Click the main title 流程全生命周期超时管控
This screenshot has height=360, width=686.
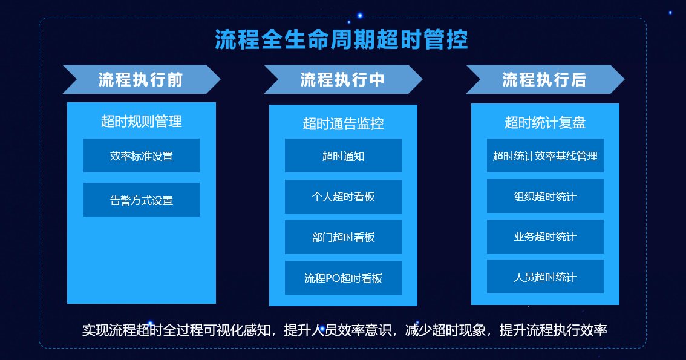(341, 40)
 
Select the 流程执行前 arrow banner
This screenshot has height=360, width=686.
(142, 79)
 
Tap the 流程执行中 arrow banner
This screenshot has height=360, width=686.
(343, 79)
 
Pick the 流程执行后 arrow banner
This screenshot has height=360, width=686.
(545, 79)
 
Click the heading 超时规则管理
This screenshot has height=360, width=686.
(142, 121)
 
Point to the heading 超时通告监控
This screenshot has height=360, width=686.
(343, 123)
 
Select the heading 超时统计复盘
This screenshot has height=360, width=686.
(545, 122)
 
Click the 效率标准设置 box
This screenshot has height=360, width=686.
(142, 155)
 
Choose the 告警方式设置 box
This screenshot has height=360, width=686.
(142, 200)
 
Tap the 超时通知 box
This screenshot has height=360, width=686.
(343, 155)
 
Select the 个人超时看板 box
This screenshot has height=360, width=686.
(343, 197)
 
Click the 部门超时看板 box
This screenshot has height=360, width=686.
(343, 237)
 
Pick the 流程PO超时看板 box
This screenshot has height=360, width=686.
(343, 278)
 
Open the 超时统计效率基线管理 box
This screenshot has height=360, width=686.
(545, 155)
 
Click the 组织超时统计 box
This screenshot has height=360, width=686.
(545, 196)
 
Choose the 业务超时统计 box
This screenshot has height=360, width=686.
(545, 237)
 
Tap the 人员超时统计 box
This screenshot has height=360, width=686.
(545, 277)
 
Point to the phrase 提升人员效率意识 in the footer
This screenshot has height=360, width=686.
(338, 330)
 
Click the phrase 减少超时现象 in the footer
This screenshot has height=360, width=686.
(445, 330)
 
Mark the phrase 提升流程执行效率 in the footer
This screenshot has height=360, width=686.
(553, 330)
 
